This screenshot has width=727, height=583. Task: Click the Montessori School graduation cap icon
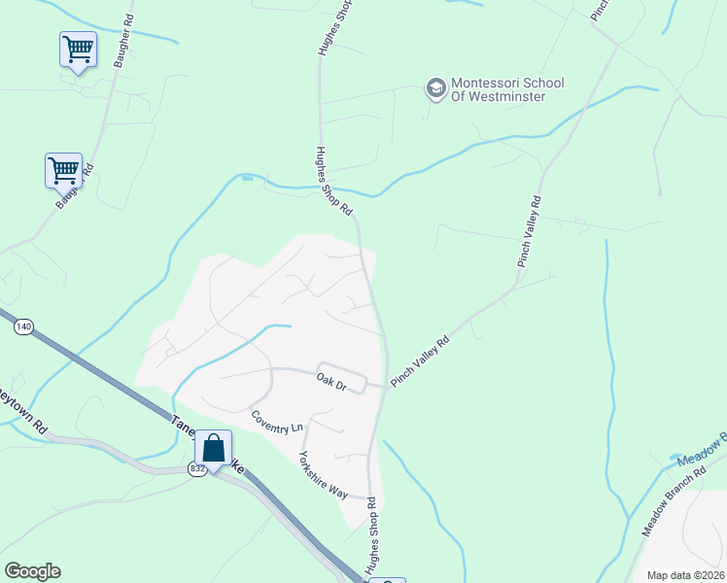(x=435, y=88)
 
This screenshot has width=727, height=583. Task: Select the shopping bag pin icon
(x=213, y=449)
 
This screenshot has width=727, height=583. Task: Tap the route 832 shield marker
(x=198, y=469)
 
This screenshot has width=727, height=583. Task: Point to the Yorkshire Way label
(x=323, y=475)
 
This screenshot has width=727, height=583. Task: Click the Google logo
(x=32, y=571)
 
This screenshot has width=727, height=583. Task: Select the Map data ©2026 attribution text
(x=684, y=575)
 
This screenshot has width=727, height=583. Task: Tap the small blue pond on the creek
(x=248, y=177)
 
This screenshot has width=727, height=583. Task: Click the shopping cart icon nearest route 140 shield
(x=63, y=169)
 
